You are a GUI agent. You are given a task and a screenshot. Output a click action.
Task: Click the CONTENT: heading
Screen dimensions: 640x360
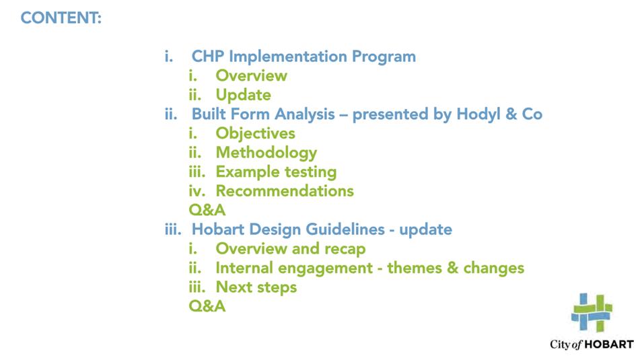(61, 18)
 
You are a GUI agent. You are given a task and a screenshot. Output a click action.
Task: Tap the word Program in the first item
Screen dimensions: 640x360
(384, 57)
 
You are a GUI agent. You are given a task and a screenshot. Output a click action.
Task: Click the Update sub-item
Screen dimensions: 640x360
(243, 95)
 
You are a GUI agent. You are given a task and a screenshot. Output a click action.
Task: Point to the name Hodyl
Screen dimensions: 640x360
(478, 114)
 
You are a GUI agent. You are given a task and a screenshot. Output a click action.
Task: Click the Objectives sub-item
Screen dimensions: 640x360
(256, 133)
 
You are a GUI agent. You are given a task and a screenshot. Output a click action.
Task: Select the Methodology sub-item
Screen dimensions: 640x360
(266, 153)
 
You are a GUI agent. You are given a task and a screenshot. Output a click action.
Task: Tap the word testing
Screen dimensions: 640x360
(311, 172)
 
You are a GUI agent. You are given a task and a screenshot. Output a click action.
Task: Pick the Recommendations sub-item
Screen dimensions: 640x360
(285, 191)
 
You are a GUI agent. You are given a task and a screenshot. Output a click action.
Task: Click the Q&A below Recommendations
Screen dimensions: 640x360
(207, 210)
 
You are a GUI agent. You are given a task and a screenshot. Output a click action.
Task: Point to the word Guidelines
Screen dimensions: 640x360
(345, 229)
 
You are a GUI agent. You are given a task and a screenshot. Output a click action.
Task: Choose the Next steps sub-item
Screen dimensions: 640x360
(256, 287)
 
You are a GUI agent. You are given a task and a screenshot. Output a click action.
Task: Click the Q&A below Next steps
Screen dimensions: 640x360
(207, 307)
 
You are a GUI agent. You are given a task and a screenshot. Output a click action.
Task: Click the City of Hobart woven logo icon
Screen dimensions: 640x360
(592, 312)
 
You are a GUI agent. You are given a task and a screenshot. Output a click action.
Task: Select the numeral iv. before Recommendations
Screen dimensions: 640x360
(197, 191)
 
